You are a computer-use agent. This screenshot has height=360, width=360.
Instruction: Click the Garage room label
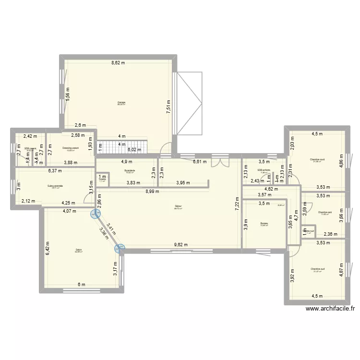121,102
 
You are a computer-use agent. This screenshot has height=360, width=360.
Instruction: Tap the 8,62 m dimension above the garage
118,63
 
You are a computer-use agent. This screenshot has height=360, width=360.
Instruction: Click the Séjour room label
179,207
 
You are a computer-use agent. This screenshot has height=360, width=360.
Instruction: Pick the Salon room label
78,250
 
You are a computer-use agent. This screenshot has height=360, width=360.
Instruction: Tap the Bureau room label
264,223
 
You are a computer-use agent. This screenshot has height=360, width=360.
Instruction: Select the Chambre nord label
317,160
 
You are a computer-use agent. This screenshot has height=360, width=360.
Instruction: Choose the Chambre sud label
317,269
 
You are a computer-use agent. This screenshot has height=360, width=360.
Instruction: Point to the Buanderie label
130,170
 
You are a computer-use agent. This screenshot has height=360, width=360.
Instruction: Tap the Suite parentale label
55,186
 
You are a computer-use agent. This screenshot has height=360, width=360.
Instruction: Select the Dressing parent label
71,148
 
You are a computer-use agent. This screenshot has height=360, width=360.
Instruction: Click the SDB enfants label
264,170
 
